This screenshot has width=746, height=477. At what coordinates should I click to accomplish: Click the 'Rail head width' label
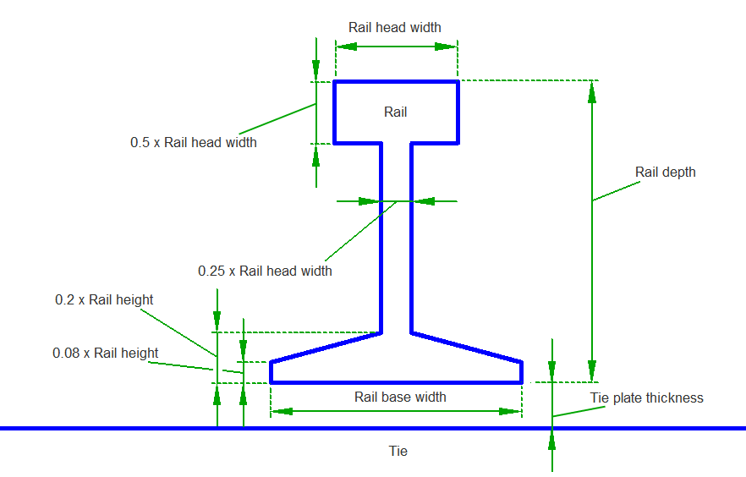coord(394,27)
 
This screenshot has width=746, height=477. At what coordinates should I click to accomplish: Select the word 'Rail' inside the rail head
coord(396,112)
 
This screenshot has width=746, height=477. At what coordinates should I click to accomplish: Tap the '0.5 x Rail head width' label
coord(193,142)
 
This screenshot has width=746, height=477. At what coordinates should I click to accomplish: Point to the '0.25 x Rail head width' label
coord(265,271)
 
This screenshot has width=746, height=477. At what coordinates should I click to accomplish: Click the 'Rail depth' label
coord(665,172)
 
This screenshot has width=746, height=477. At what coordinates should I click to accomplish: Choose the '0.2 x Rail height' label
coord(104,299)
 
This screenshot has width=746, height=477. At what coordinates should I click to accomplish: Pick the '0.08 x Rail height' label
coord(105,353)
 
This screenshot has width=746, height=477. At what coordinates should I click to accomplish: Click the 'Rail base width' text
coord(400,397)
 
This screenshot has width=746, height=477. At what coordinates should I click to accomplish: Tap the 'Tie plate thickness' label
coord(646,397)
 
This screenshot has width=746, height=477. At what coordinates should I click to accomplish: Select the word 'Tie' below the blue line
coord(398,451)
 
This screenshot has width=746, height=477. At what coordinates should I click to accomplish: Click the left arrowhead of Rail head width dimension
coord(347,47)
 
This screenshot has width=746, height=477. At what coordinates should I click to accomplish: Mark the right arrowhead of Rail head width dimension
coord(447,47)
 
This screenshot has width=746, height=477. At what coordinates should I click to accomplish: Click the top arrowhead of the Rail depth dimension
coord(592,91)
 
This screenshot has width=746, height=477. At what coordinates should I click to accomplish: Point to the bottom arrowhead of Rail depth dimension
coord(592,371)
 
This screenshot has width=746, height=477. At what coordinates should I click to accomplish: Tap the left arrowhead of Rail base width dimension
coord(282,412)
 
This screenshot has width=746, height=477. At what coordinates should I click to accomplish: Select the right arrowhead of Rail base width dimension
coord(510,412)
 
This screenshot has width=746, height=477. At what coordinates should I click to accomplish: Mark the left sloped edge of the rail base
coord(326,348)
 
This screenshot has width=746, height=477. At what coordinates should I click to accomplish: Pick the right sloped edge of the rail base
coord(466,348)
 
